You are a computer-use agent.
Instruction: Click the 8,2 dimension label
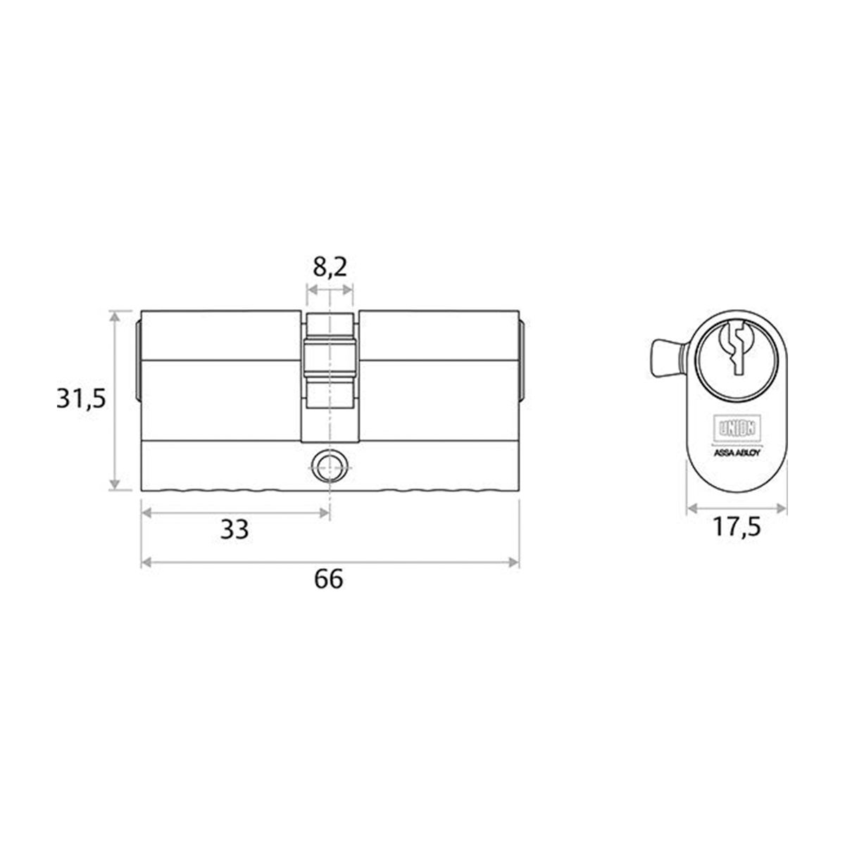tap(329, 268)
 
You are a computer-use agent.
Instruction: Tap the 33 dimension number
tap(234, 530)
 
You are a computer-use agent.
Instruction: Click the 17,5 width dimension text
tap(736, 528)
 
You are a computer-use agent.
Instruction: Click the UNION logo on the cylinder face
tap(736, 427)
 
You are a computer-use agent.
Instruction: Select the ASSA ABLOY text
tap(736, 453)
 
